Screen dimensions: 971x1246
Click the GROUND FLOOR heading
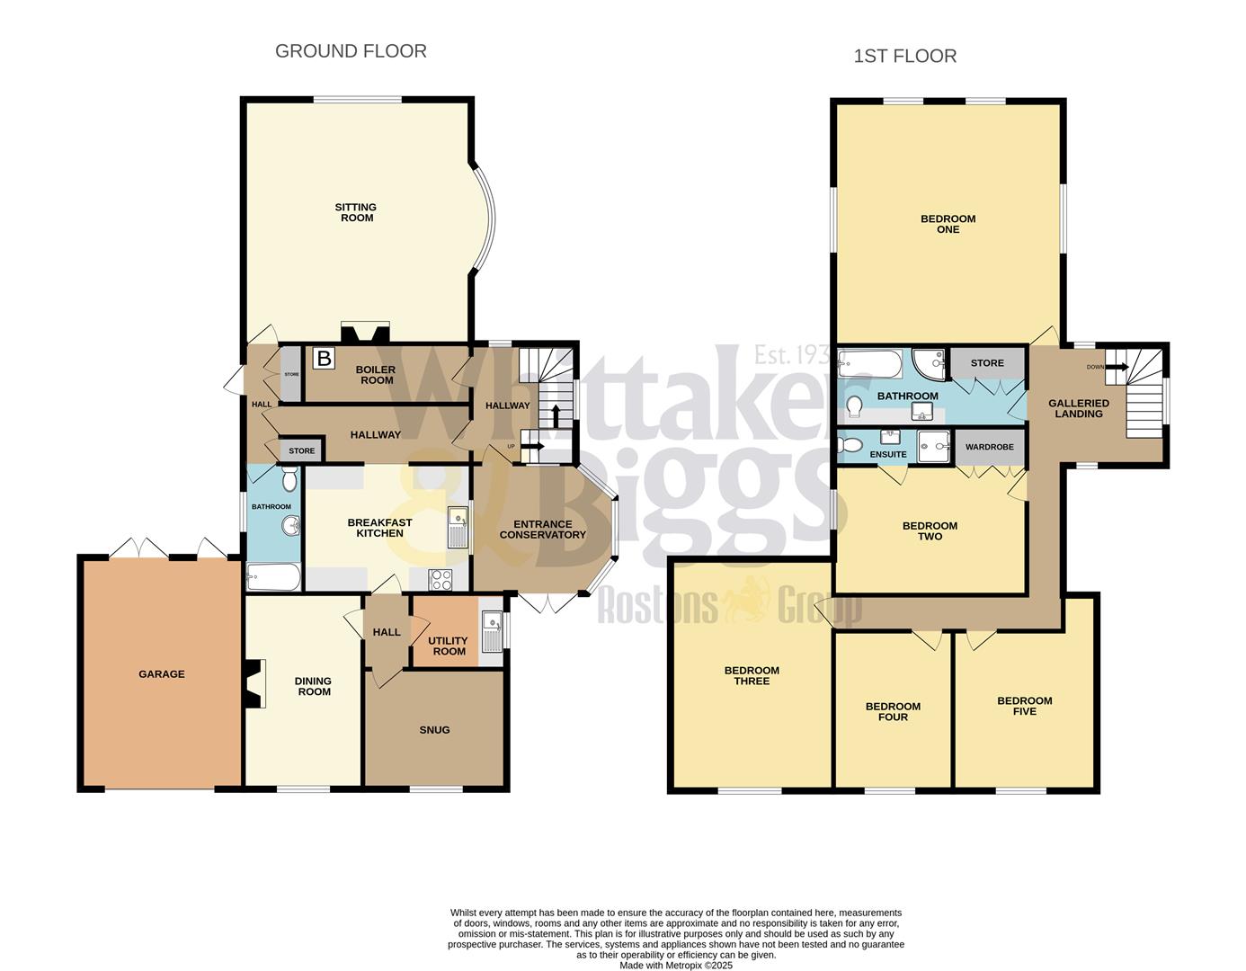coord(351,51)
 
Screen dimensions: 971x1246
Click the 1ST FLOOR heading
coord(904,56)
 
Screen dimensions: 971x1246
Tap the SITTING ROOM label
coord(356,212)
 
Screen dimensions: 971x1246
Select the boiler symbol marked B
coord(324,359)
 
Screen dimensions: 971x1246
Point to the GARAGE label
coord(162,673)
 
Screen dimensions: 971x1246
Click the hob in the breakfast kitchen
coord(441,580)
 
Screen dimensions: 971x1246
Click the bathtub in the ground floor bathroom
coord(273,577)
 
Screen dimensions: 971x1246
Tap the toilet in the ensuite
coord(850,444)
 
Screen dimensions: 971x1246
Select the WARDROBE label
coord(990,447)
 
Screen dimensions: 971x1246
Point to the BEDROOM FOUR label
coord(893,711)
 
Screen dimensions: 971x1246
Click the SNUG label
coord(434,730)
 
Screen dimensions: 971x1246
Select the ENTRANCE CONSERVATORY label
coord(542,530)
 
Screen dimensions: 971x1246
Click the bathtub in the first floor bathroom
coord(869,364)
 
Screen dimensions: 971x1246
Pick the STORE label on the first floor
coord(987,363)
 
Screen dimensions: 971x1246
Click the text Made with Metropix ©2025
coord(676,966)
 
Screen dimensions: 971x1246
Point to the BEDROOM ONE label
coord(948,224)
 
